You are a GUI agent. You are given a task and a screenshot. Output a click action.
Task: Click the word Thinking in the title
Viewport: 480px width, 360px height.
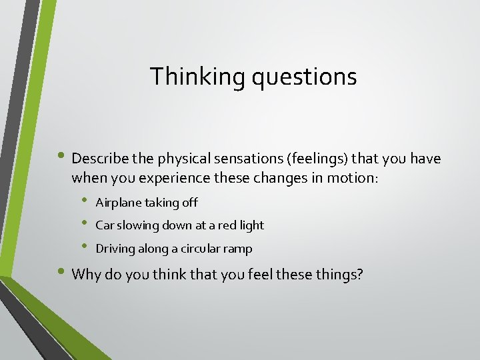pos(198,77)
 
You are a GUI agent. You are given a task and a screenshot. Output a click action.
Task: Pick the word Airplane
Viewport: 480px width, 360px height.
pos(118,203)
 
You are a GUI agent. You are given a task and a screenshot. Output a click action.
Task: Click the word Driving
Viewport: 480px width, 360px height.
pos(115,249)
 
